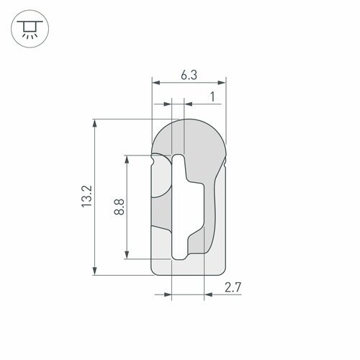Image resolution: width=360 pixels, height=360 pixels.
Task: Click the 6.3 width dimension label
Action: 189,75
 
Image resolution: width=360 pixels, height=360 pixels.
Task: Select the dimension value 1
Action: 212,97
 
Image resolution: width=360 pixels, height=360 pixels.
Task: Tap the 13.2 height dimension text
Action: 86,197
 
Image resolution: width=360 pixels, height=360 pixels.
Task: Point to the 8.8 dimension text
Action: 120,207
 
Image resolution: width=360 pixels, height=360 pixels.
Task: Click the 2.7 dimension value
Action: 233,287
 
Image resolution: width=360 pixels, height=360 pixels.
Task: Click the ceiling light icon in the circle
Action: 30,29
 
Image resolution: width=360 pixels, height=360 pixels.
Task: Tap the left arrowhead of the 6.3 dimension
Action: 156,83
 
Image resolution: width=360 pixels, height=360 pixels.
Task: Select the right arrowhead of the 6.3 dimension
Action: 222,83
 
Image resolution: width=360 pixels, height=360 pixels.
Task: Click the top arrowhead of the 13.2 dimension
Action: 95,123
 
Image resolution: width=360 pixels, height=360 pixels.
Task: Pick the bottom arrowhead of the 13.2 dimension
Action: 95,271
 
